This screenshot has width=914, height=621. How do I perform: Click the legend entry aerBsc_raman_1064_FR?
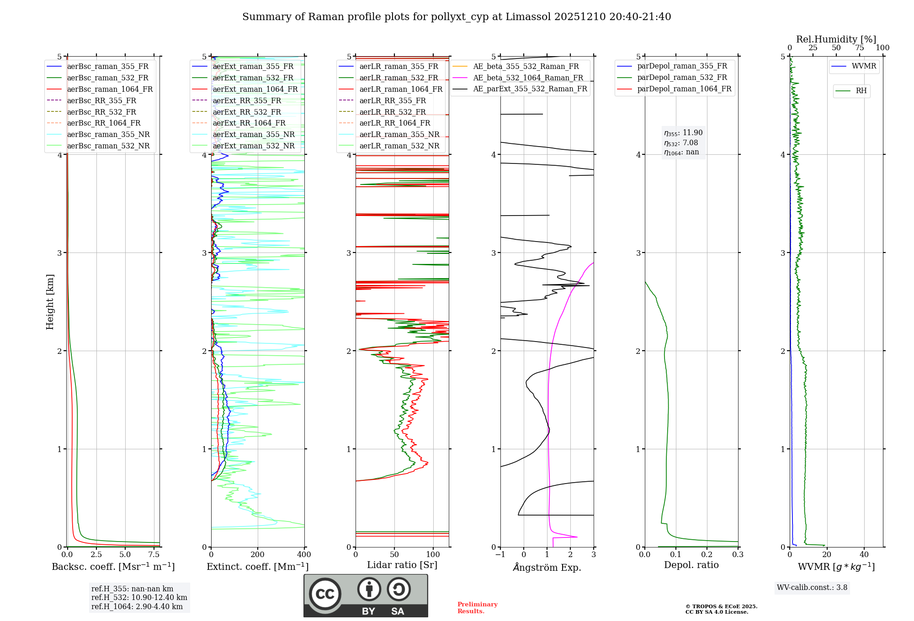coord(110,89)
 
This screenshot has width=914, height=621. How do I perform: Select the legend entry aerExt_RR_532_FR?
coord(247,112)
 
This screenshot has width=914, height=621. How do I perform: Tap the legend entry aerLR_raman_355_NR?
coord(399,135)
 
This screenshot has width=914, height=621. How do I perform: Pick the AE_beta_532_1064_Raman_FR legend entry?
coord(528,78)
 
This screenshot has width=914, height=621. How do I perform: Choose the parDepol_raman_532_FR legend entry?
coord(682,78)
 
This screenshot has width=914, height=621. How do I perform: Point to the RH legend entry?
coord(861,91)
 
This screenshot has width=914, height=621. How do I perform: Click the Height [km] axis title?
coord(50,302)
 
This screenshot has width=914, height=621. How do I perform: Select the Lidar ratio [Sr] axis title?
coord(402,565)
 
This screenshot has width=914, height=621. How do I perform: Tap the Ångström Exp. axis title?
coord(547,567)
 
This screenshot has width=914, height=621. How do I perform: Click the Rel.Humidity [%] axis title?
coord(836,39)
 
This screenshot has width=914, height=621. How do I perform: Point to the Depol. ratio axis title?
coord(691,565)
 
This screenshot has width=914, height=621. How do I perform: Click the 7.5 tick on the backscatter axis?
coord(154,555)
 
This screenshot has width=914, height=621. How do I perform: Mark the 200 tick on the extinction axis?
coord(258,555)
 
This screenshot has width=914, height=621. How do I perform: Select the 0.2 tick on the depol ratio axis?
coord(707,555)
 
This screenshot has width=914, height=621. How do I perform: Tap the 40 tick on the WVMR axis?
coord(864,555)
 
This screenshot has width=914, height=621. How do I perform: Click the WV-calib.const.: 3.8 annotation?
coord(812,588)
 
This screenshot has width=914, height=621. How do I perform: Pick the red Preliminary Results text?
coord(477,608)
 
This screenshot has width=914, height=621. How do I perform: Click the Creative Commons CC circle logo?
coord(325,594)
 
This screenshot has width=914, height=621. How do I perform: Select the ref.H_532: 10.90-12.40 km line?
coord(139,598)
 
